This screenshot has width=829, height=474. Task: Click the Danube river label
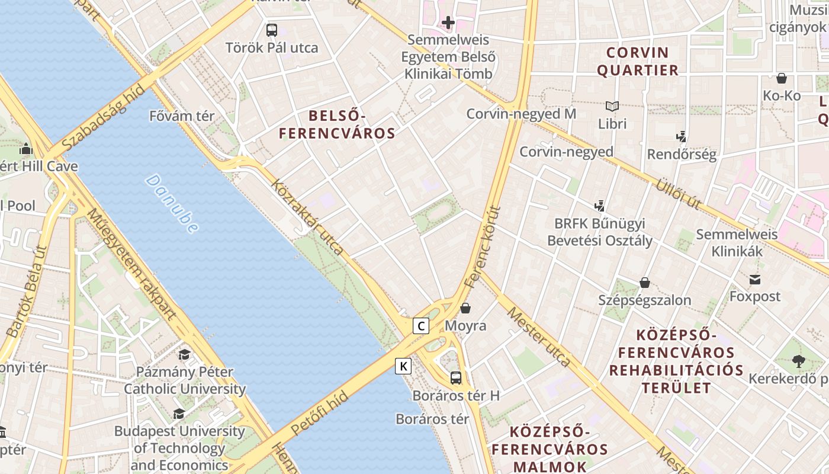click(x=172, y=203)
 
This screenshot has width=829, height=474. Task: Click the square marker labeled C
click(x=421, y=325)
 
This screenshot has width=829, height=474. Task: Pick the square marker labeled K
click(x=403, y=366)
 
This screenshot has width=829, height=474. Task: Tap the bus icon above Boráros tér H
click(x=455, y=377)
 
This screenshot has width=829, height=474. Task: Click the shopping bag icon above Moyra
click(x=465, y=308)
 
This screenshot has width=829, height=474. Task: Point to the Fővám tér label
click(x=182, y=116)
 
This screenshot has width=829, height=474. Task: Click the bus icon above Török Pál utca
click(x=272, y=30)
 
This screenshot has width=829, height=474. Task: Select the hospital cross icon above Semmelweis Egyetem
click(x=448, y=23)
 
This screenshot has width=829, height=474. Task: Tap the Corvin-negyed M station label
click(x=521, y=114)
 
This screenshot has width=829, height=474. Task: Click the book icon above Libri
click(x=612, y=107)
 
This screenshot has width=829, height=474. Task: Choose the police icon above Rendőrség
click(x=682, y=137)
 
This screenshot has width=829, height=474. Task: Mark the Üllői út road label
click(x=678, y=194)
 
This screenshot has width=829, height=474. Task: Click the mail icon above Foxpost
click(x=755, y=279)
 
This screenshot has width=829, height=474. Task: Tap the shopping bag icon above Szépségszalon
click(x=644, y=283)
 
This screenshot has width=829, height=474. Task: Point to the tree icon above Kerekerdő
click(x=798, y=361)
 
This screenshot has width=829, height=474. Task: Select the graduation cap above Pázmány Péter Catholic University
click(x=184, y=354)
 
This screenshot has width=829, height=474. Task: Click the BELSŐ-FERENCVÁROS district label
click(x=337, y=124)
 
